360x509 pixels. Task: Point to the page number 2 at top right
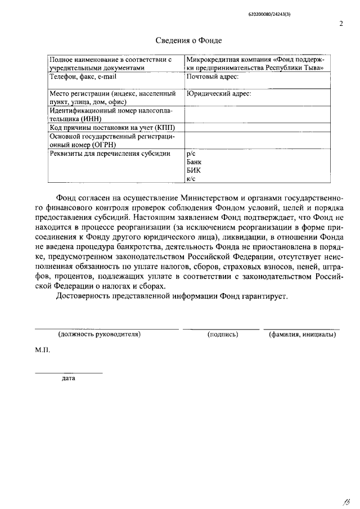(341, 23)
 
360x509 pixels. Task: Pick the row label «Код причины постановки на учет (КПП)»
(112, 128)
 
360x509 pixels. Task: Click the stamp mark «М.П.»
(43, 350)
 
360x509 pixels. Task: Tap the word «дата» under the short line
(69, 378)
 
